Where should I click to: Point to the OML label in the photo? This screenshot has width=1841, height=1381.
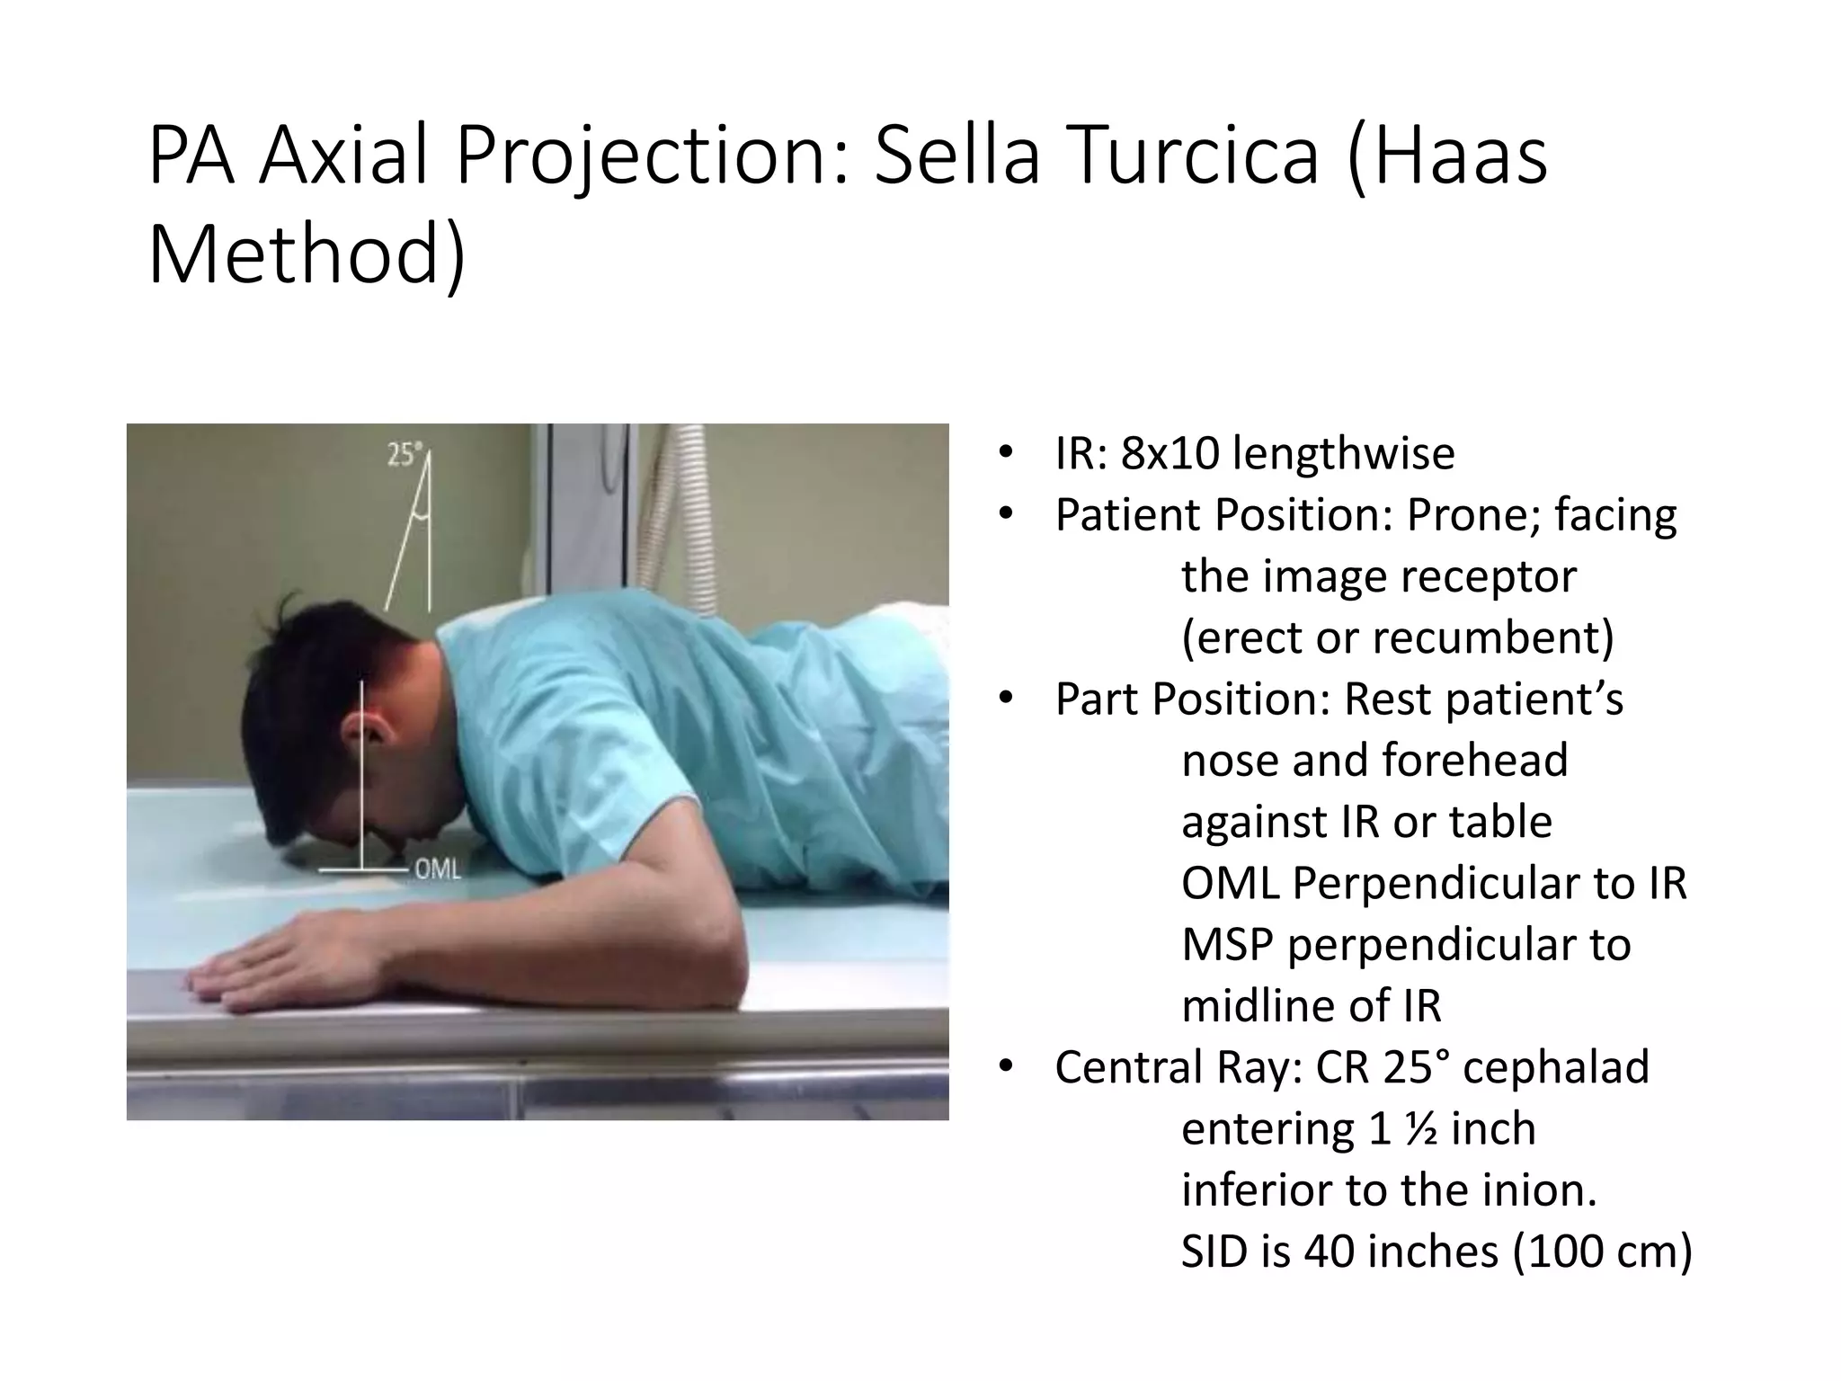pos(437,870)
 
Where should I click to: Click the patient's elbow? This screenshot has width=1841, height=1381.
pos(719,976)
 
